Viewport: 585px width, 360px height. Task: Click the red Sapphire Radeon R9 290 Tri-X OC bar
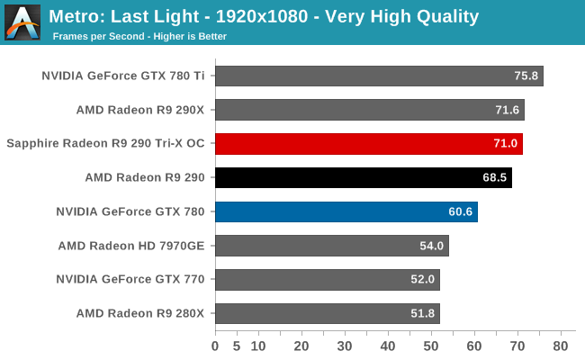pyautogui.click(x=369, y=144)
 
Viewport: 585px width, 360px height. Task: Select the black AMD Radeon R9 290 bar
pyautogui.click(x=364, y=177)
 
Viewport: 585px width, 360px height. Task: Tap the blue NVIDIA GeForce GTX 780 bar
pyautogui.click(x=346, y=211)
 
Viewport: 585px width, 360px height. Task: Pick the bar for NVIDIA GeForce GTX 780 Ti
pyautogui.click(x=379, y=76)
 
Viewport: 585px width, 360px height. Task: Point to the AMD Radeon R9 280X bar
pyautogui.click(x=328, y=313)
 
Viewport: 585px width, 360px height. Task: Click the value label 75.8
pyautogui.click(x=526, y=76)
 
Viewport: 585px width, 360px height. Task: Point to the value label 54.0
pyautogui.click(x=432, y=246)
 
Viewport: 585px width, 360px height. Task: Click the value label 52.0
pyautogui.click(x=423, y=280)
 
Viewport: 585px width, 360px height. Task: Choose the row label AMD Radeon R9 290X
pyautogui.click(x=142, y=110)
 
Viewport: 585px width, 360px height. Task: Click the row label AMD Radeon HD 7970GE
pyautogui.click(x=131, y=246)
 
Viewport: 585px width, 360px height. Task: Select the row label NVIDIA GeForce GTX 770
pyautogui.click(x=130, y=280)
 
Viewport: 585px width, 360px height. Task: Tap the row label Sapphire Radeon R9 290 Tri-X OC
pyautogui.click(x=105, y=144)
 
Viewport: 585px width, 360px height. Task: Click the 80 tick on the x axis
pyautogui.click(x=561, y=346)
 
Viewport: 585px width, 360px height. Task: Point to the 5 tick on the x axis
pyautogui.click(x=237, y=346)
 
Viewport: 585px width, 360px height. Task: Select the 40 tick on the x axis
pyautogui.click(x=388, y=346)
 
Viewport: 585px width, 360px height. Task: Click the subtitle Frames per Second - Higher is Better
pyautogui.click(x=139, y=37)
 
